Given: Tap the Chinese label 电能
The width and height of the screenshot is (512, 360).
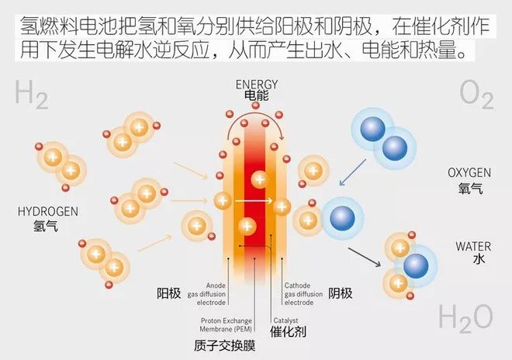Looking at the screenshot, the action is coord(256,97).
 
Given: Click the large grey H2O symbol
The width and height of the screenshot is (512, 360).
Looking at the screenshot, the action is coord(465,318).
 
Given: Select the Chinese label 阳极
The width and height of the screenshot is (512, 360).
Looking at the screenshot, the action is coord(168,293).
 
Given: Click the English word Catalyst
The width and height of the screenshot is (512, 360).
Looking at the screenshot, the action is coord(285,320).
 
